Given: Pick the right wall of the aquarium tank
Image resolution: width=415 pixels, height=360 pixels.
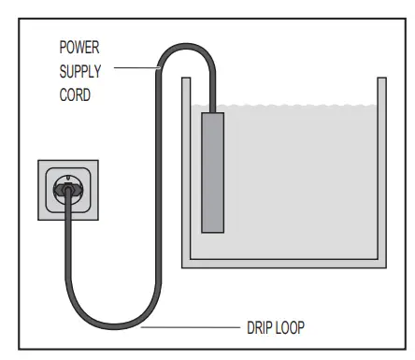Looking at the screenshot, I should coord(381,168).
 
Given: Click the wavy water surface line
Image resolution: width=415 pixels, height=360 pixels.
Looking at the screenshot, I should coord(299,108).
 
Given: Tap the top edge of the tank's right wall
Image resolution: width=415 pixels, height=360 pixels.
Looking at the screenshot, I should coord(381,79).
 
